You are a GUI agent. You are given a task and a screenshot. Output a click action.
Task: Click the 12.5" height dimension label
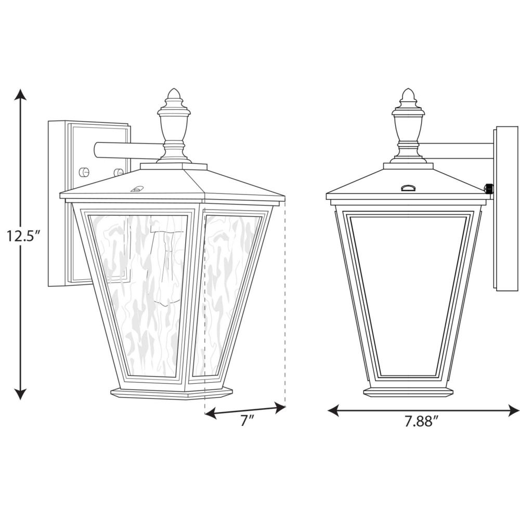pos(23,236)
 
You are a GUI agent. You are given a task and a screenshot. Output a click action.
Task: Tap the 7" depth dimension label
pos(246,421)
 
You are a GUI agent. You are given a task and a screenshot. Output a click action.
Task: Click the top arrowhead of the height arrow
pos(21,94)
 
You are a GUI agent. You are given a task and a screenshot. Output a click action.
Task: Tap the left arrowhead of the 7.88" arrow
pos(333,410)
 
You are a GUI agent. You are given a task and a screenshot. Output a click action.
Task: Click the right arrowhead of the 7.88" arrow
pos(513,410)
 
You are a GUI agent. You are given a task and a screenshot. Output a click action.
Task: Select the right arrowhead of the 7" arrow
pos(280,407)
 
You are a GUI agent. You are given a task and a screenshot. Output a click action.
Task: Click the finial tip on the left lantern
pos(174,89)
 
